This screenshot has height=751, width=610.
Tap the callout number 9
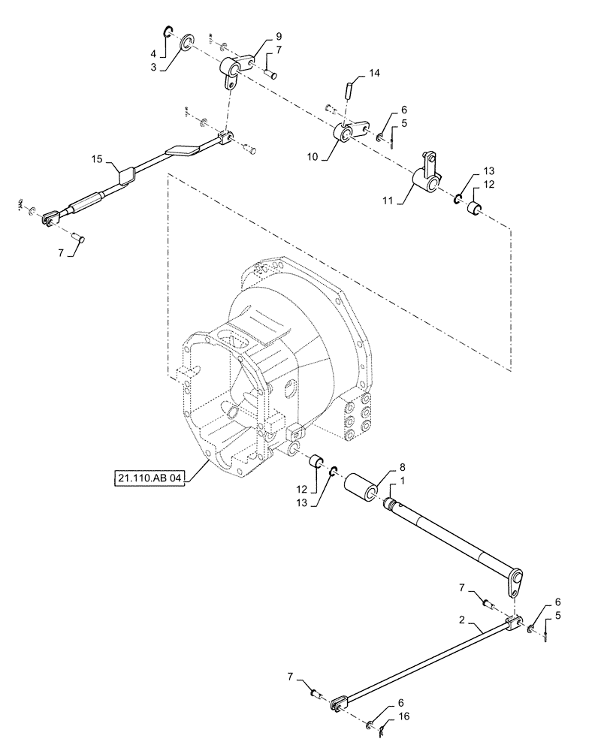coord(258,36)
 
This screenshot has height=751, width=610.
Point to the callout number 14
coord(375,74)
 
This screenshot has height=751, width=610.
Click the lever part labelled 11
coord(427,178)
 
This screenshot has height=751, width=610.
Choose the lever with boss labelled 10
coord(348,134)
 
